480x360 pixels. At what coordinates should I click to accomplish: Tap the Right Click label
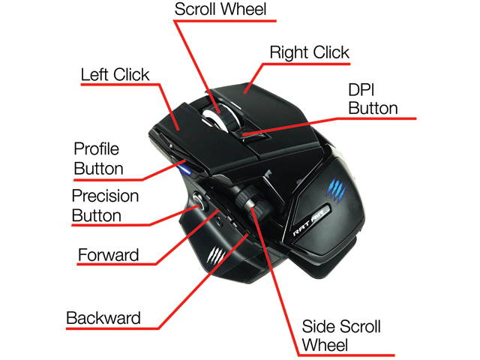(309, 52)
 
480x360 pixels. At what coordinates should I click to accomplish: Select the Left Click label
(115, 75)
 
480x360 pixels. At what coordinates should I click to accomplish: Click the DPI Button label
(373, 99)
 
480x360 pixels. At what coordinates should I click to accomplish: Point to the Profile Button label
(98, 158)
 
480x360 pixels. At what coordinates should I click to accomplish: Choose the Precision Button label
(106, 205)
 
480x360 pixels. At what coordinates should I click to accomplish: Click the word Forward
(109, 255)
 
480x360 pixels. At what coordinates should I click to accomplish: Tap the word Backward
(103, 317)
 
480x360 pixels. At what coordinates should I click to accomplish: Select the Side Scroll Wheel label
(341, 337)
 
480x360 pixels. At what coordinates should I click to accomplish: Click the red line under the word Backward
(112, 328)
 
